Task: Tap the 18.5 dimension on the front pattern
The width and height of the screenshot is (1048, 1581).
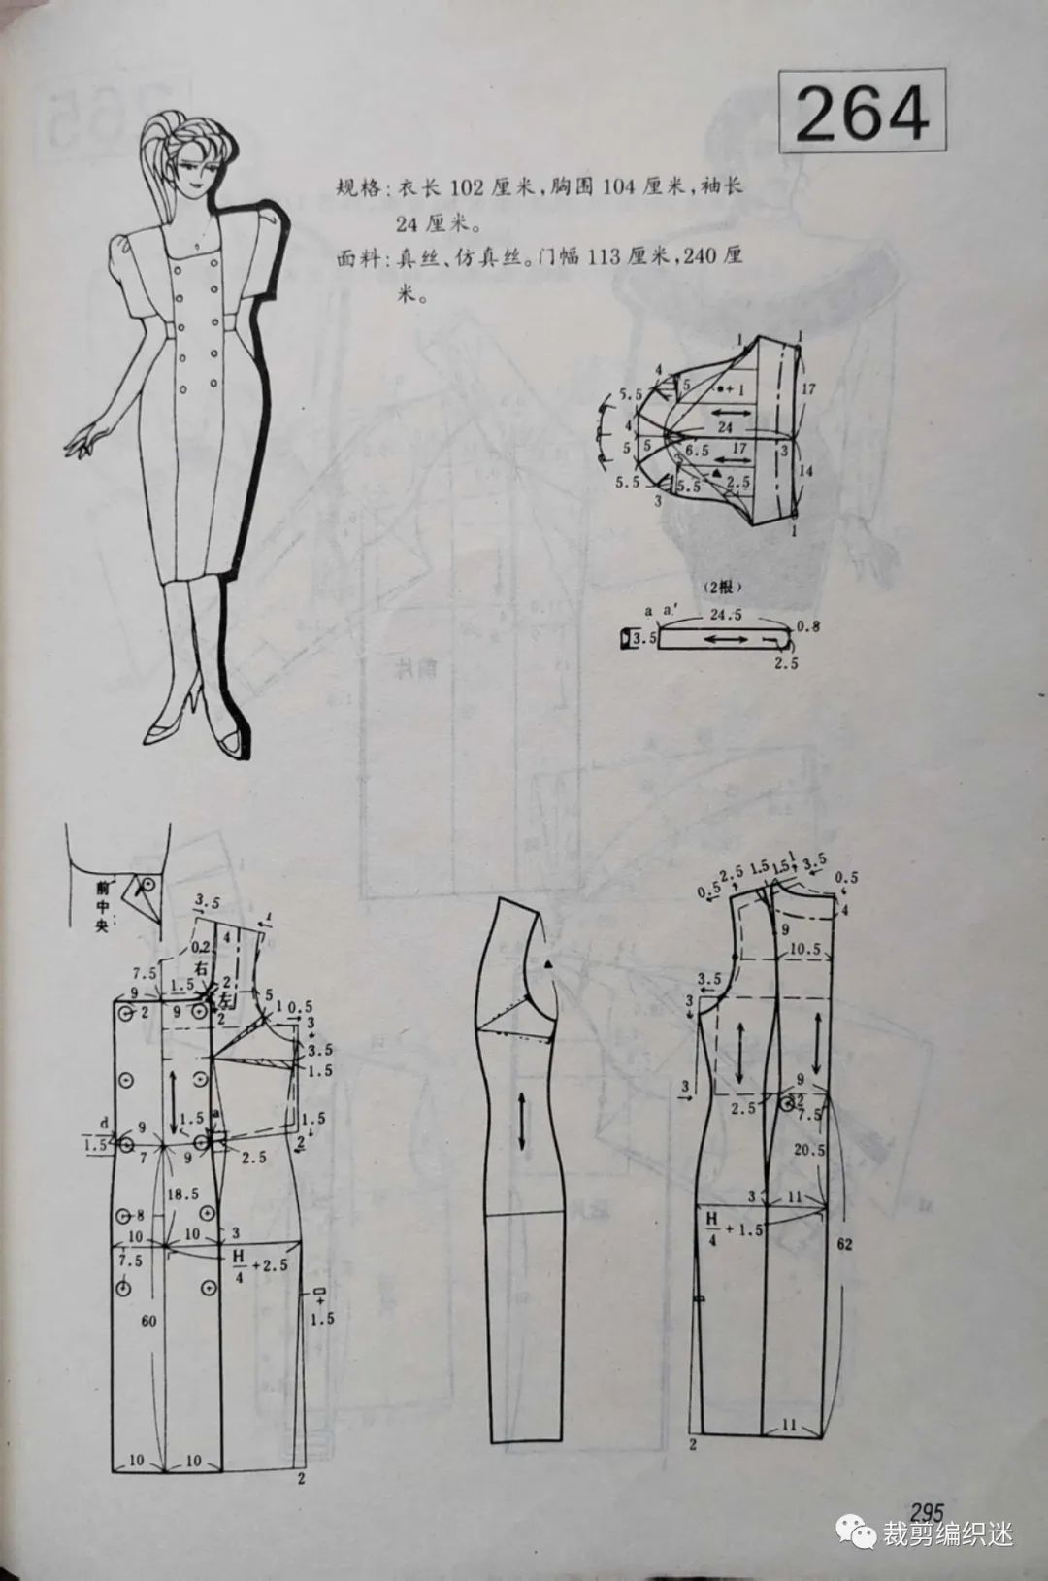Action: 176,1194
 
